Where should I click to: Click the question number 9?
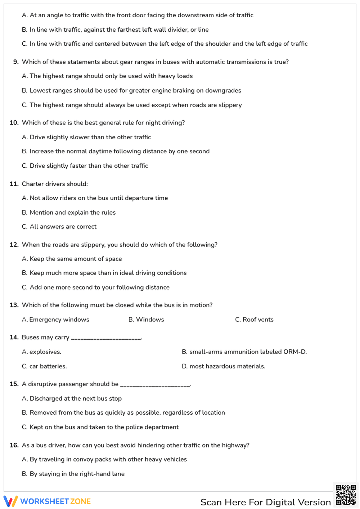[x=16, y=62]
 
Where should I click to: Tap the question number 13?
[x=14, y=305]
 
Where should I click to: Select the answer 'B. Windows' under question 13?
[x=146, y=320]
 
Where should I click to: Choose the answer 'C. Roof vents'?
[x=254, y=320]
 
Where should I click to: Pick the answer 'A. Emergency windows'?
[x=55, y=320]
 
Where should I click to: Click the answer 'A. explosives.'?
[x=41, y=352]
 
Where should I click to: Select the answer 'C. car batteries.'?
[x=44, y=366]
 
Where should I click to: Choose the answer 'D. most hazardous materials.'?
[x=224, y=366]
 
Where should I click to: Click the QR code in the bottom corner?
[x=346, y=495]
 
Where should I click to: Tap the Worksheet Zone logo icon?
[x=10, y=501]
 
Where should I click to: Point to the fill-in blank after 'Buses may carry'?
[x=106, y=339]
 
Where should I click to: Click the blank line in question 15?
[x=155, y=386]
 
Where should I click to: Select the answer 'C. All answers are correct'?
[x=59, y=227]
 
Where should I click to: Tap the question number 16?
[x=14, y=445]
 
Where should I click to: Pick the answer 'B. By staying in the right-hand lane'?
[x=73, y=474]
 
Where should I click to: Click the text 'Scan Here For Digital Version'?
[x=265, y=502]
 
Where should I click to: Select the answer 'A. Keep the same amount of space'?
[x=72, y=259]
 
